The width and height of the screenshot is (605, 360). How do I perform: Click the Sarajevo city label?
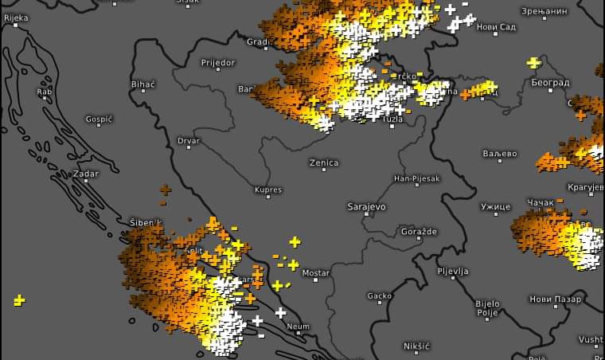(366, 206)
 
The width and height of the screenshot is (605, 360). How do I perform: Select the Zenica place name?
(324, 162)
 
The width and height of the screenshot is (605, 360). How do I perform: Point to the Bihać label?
(142, 84)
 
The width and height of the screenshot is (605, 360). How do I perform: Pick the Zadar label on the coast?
(85, 173)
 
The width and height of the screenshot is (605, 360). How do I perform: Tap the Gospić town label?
(100, 119)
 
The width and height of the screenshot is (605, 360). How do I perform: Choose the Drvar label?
(189, 141)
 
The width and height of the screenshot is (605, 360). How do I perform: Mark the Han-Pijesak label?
(416, 179)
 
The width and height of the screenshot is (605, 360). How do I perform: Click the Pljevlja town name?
(452, 272)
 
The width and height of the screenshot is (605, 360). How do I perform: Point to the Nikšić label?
(416, 346)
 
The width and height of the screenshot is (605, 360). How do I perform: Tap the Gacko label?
(379, 296)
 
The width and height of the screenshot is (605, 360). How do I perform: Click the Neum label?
(299, 327)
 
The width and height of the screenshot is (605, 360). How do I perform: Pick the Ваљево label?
(500, 154)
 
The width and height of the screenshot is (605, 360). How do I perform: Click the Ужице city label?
(495, 207)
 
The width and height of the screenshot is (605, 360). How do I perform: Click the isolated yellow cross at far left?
(19, 300)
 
